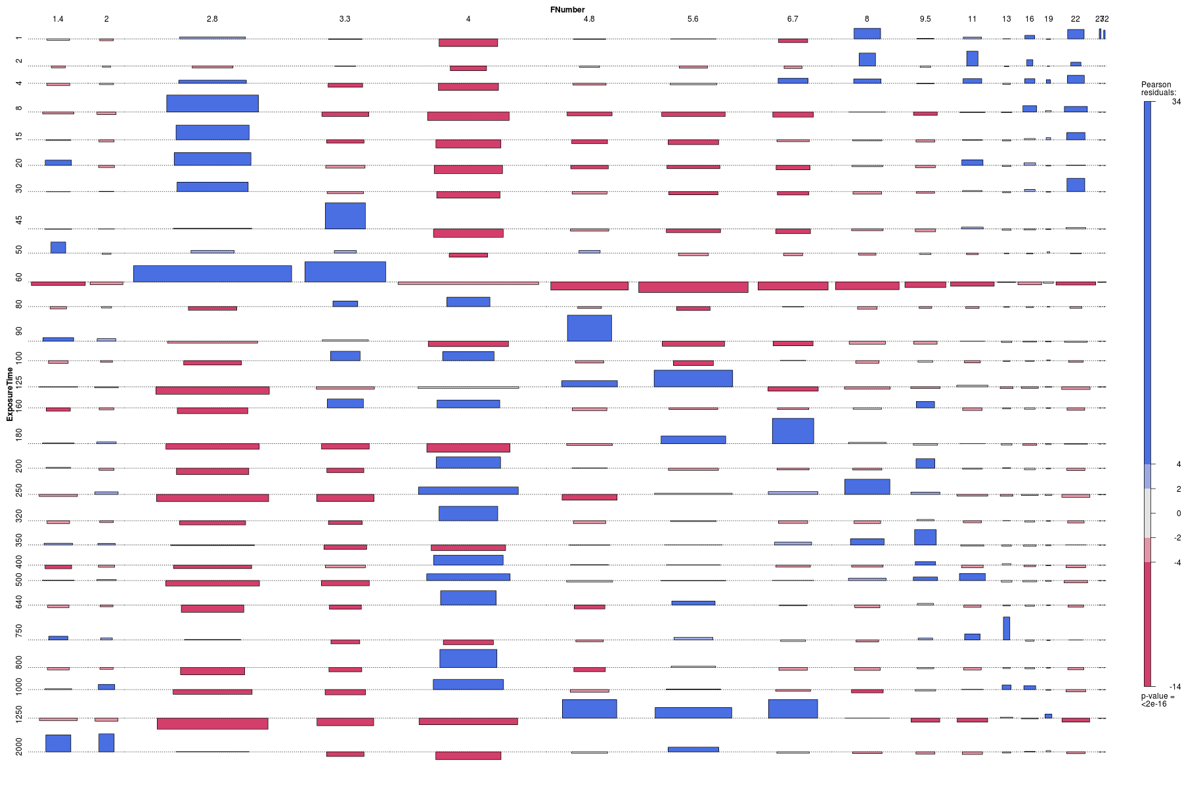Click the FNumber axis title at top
[567, 9]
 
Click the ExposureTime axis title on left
[9, 394]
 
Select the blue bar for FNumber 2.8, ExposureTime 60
[212, 274]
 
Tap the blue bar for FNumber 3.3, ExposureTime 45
[345, 216]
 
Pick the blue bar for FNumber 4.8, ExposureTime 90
[589, 328]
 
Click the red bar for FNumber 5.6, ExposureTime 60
[693, 287]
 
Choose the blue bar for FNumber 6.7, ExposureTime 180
[793, 431]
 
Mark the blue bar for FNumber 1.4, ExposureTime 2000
[58, 743]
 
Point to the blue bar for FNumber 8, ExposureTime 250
[867, 487]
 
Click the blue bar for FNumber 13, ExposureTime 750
[1006, 628]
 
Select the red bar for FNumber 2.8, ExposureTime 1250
[212, 723]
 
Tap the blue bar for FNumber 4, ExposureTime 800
[468, 658]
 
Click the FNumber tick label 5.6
[693, 19]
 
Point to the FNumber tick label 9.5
[925, 19]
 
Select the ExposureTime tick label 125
[19, 381]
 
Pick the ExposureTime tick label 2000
[19, 747]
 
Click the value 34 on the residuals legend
[1176, 102]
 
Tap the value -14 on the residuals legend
[1175, 687]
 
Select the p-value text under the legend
[1157, 700]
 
